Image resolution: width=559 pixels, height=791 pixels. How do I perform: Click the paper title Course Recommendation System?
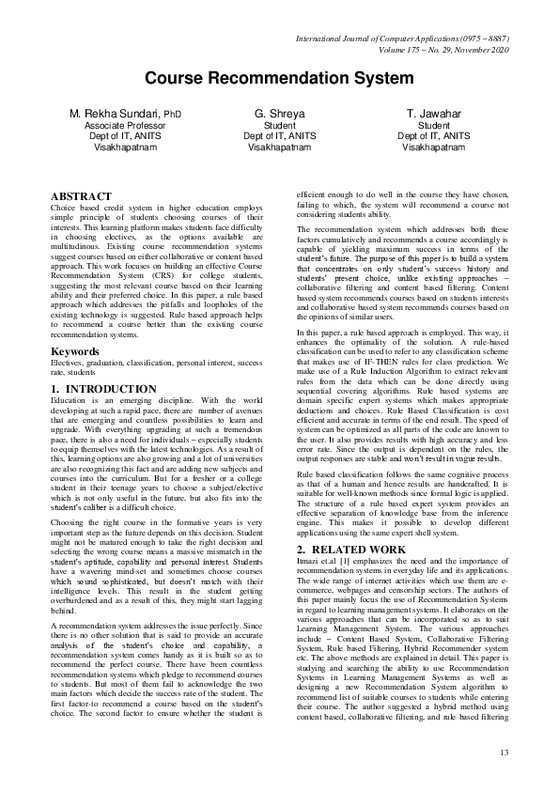coord(279,79)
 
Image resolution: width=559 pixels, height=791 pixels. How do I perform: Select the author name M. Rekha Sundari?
coord(115,114)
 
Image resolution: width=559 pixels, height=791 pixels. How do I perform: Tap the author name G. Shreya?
coord(279,114)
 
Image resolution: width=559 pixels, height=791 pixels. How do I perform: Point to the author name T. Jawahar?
coord(433,114)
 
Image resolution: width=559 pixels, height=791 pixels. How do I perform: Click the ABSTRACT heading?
coord(80,196)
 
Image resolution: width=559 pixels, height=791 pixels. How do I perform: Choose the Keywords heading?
coord(75,351)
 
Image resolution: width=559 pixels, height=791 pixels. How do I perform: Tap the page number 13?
coord(504,752)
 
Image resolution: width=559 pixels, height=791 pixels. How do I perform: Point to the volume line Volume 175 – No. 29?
coord(419,50)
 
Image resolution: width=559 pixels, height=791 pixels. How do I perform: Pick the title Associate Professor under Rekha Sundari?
coord(126,125)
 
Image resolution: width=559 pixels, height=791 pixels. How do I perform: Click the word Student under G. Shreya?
coord(279,125)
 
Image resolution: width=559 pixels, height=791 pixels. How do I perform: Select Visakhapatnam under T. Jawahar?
coord(433,147)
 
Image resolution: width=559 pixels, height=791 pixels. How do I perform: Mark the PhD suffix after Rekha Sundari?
coord(171,115)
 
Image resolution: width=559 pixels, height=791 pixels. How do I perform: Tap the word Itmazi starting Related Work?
coord(309,564)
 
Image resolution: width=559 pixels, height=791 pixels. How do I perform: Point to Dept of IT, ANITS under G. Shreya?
coord(279,136)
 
